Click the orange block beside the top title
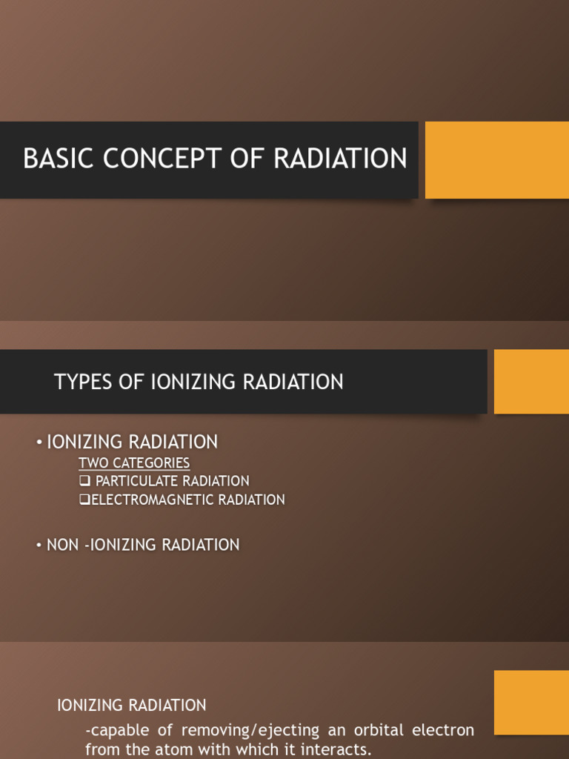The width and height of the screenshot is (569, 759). pyautogui.click(x=496, y=160)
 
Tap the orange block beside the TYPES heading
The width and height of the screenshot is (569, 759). pyautogui.click(x=531, y=382)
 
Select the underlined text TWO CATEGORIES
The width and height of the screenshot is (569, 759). pyautogui.click(x=134, y=463)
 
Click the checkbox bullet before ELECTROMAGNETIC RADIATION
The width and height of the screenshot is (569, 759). pyautogui.click(x=84, y=500)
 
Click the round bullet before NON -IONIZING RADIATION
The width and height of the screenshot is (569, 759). pyautogui.click(x=39, y=546)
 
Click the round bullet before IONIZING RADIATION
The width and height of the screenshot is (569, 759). pyautogui.click(x=39, y=443)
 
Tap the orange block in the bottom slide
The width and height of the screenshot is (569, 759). pyautogui.click(x=531, y=702)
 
